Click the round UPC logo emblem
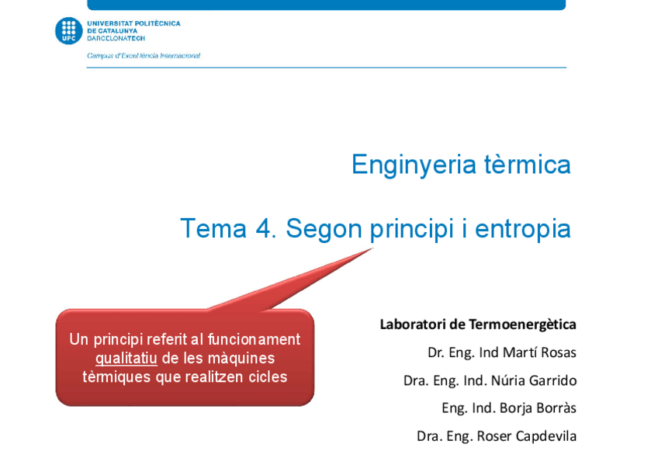69,30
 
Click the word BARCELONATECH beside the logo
116,38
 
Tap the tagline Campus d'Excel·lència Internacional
144,55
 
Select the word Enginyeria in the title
414,165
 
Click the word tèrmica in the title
528,164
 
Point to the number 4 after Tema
265,229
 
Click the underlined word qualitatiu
126,359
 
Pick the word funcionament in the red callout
254,339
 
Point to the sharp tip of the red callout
372,248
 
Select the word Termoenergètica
522,324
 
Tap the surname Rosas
559,352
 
